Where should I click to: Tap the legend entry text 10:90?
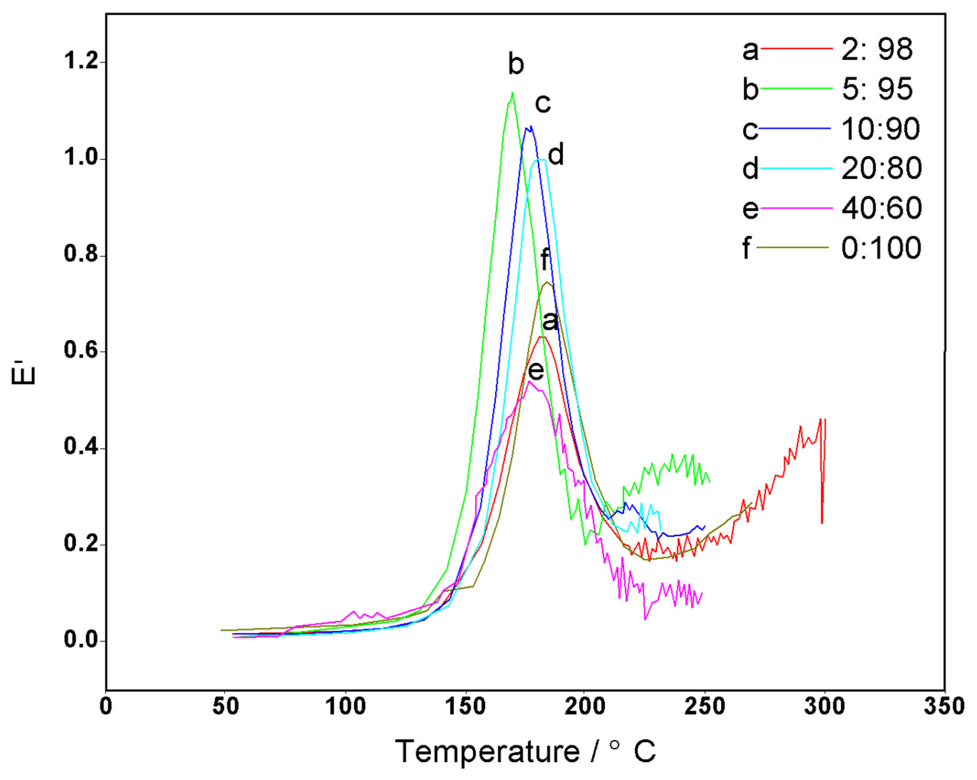tap(880, 129)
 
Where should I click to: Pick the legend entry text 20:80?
tap(881, 168)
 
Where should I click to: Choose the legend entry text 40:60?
tap(881, 208)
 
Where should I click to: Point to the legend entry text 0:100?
tap(881, 248)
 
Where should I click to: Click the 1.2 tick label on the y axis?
tap(82, 61)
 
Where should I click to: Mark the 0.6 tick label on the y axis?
tap(82, 351)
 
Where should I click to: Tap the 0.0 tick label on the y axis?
tap(82, 640)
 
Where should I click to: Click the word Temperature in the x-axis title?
tap(487, 751)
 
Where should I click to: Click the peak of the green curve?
tap(512, 93)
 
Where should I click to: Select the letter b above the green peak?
tap(516, 65)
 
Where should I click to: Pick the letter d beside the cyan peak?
tap(556, 155)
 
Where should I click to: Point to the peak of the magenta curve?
tap(529, 381)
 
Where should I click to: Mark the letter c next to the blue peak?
tap(542, 104)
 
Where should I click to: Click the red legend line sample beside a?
tap(796, 48)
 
